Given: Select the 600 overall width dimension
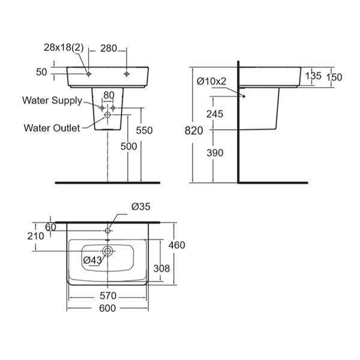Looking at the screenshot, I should pyautogui.click(x=107, y=308).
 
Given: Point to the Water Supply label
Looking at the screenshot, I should pyautogui.click(x=52, y=100).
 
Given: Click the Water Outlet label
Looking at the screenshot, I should pyautogui.click(x=52, y=127).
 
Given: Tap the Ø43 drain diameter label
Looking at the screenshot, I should pyautogui.click(x=92, y=259).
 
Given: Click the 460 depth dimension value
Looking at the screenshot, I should pyautogui.click(x=176, y=245).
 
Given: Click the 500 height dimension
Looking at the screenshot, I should pyautogui.click(x=128, y=146).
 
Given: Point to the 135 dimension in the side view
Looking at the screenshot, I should pyautogui.click(x=313, y=76).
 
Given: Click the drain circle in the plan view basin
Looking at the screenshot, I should pyautogui.click(x=108, y=251).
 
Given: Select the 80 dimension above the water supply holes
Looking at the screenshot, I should pyautogui.click(x=108, y=95).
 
